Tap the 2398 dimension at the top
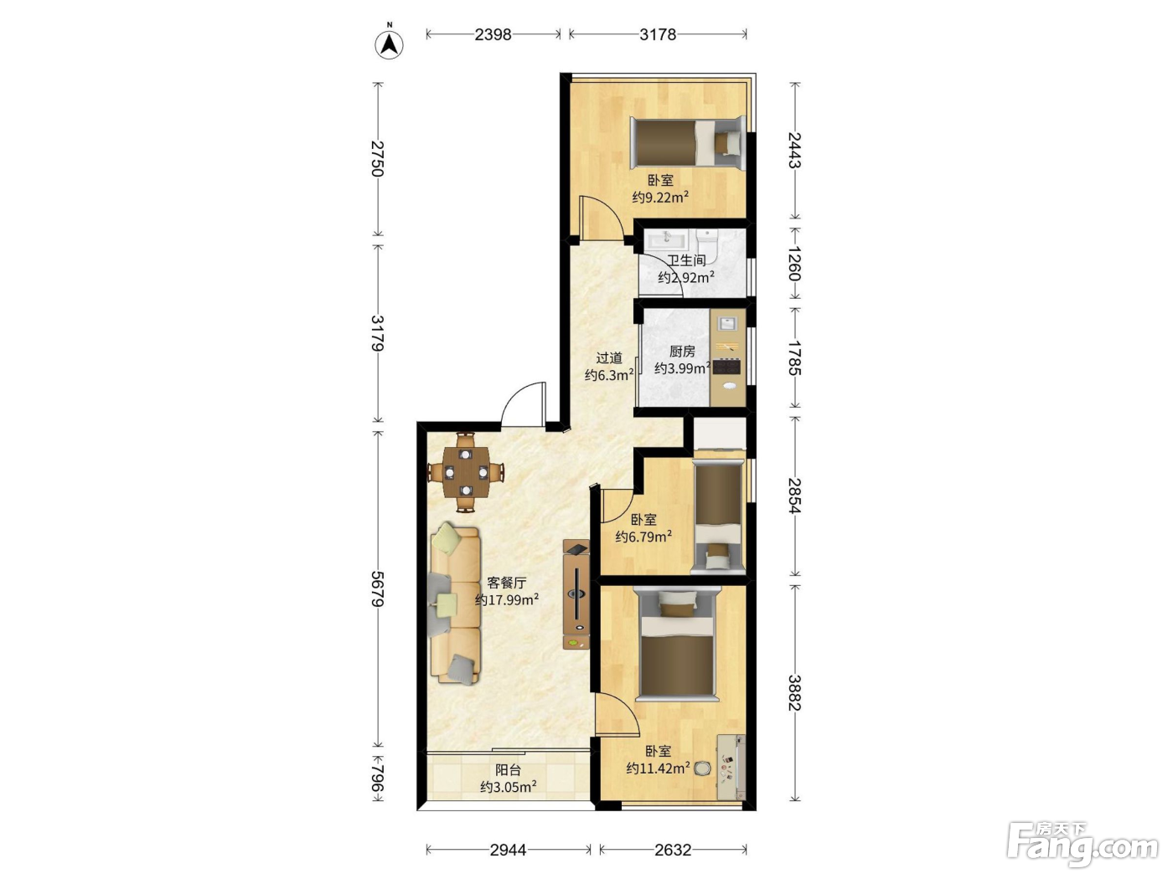493,34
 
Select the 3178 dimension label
658,34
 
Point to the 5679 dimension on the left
378,589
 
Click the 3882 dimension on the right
795,693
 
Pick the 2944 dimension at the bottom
509,850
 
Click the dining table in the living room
466,472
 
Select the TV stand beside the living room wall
576,594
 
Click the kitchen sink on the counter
726,323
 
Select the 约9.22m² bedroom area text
660,198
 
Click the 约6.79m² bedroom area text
643,537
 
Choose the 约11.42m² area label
658,768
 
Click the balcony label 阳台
508,769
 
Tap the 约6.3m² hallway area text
608,375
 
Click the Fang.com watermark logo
1083,846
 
